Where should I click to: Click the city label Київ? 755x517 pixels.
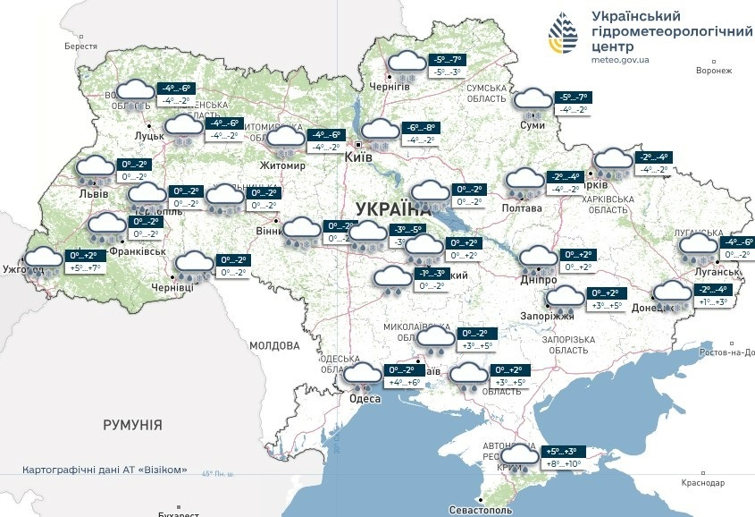[359, 157]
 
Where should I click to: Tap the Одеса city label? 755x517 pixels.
[365, 399]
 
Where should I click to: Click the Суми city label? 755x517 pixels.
[533, 125]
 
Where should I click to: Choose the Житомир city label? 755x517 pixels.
[282, 166]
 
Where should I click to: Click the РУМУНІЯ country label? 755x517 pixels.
[132, 425]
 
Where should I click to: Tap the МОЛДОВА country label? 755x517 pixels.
[274, 345]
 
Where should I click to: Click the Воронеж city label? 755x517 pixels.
[713, 71]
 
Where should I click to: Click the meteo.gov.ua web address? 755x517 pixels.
[620, 59]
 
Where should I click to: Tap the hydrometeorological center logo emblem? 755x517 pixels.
[563, 36]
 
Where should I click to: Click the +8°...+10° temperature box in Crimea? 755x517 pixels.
[563, 464]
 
